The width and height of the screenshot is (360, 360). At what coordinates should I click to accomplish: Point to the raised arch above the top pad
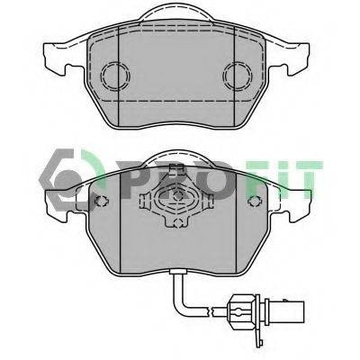(177, 5)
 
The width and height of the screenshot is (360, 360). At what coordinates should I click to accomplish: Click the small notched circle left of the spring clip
(102, 201)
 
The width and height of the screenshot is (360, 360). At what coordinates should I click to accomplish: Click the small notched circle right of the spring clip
(255, 201)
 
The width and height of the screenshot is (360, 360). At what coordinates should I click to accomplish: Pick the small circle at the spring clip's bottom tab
(178, 222)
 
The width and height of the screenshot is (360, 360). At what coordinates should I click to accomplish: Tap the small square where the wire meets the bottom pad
(178, 272)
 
